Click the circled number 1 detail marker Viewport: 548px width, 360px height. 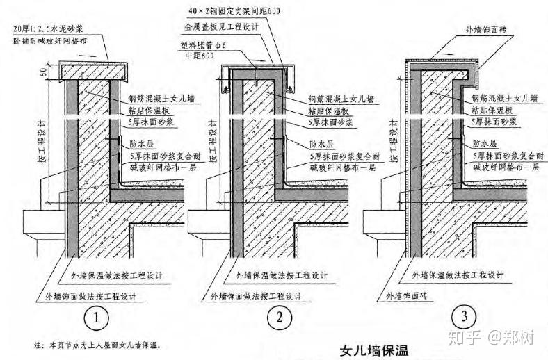coord(97,319)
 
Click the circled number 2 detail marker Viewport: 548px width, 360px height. coord(280,319)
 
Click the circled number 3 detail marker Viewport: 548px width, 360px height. coord(464,317)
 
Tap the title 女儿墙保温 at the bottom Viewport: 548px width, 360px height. coord(373,350)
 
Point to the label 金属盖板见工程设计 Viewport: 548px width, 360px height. coord(218,27)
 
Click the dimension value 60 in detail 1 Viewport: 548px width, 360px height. coord(43,71)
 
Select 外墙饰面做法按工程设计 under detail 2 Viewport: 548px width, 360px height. coord(251,297)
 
